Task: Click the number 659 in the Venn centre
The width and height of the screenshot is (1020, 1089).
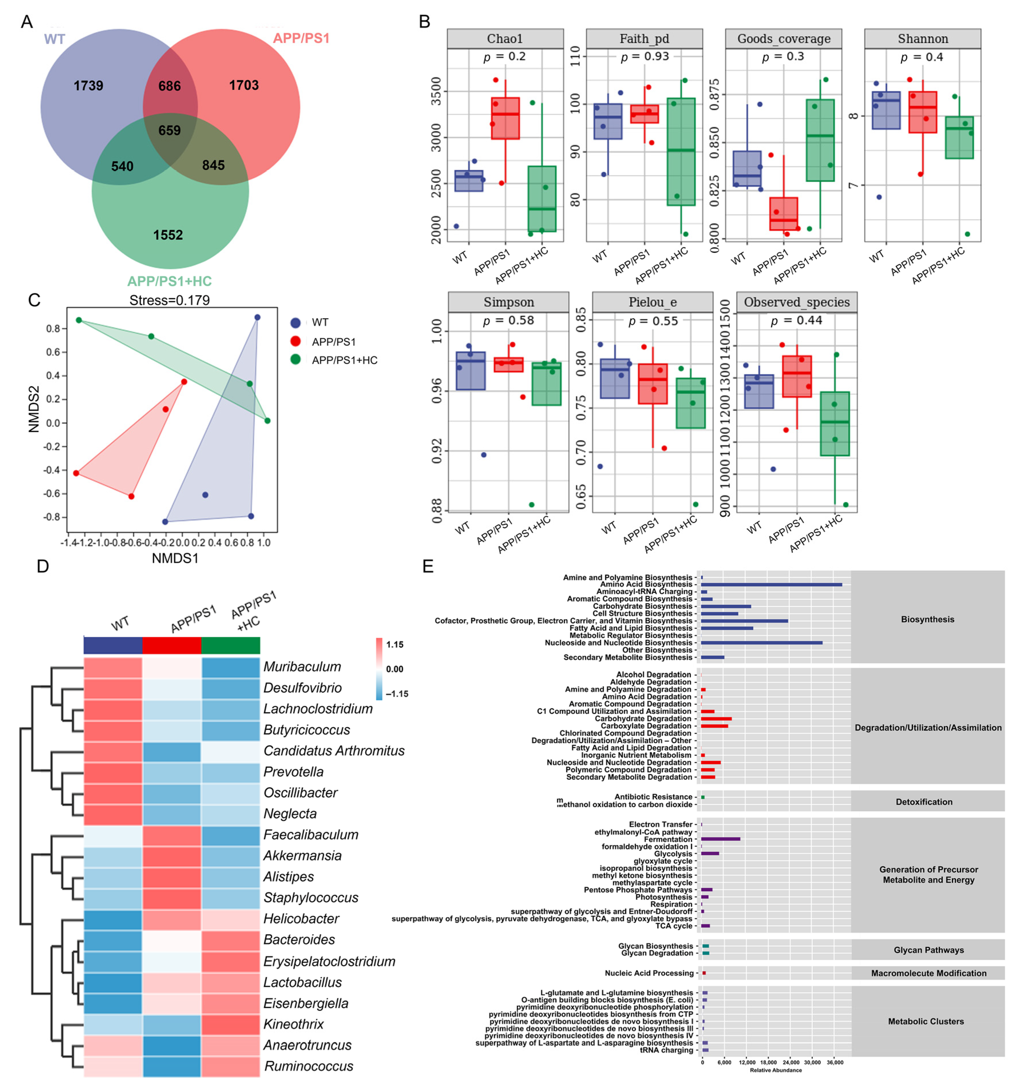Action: click(169, 130)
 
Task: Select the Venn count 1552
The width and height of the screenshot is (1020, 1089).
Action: click(168, 235)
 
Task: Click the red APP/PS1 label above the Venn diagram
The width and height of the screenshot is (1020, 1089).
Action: click(301, 38)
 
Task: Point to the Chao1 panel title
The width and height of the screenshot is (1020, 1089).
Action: click(504, 39)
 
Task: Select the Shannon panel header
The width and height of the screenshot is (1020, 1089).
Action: click(922, 39)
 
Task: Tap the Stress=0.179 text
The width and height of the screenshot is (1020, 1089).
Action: click(169, 300)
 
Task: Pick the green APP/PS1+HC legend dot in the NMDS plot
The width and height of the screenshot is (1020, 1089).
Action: click(295, 360)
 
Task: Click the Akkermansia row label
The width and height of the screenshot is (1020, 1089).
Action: click(302, 856)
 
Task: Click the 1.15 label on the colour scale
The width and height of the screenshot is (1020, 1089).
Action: click(395, 645)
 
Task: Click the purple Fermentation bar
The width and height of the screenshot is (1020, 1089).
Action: click(720, 839)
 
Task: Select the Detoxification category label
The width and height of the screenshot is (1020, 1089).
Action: click(924, 801)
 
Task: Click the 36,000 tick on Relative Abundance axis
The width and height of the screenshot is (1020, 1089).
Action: click(834, 1062)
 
